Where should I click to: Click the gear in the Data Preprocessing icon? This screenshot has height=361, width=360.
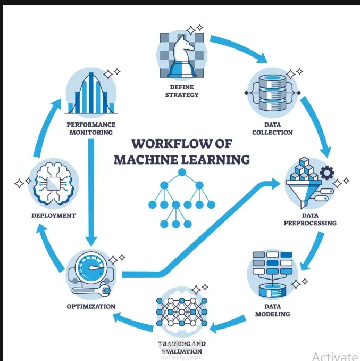327,173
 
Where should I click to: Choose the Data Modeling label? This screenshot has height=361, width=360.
273,310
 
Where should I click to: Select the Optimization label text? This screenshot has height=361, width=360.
91,306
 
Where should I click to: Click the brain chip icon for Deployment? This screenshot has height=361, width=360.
53,184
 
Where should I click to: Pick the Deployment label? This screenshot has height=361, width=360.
53,216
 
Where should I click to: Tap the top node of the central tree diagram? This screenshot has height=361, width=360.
182,172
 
